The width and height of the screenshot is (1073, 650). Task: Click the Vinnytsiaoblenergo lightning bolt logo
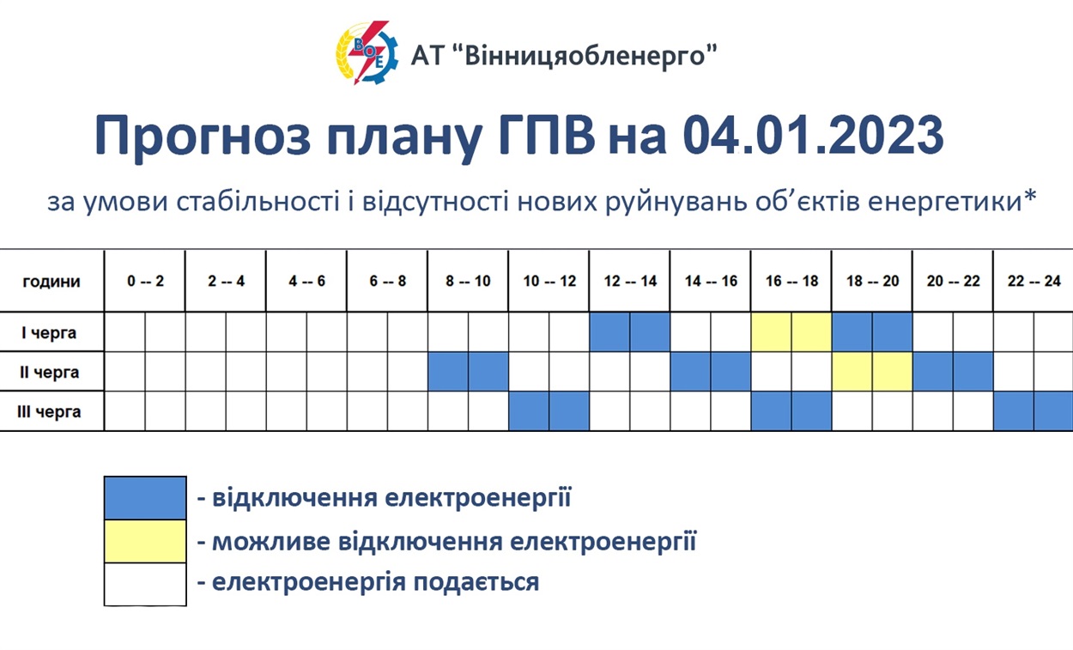point(367,52)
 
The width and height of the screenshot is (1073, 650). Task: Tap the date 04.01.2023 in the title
point(813,135)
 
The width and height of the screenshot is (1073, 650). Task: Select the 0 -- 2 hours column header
point(146,281)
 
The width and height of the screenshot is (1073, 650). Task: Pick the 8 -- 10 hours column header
point(468,281)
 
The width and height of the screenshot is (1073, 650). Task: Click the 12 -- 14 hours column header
point(630,281)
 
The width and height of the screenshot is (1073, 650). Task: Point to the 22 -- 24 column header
point(1034,281)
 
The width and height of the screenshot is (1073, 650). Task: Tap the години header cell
point(52,281)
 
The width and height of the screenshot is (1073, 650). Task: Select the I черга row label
point(49,332)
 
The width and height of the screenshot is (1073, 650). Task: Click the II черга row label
point(49,372)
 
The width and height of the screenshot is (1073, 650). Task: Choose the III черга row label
point(49,412)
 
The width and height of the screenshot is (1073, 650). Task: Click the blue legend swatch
point(145,498)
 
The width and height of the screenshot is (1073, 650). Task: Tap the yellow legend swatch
point(145,541)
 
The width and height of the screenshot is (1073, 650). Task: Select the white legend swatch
point(145,585)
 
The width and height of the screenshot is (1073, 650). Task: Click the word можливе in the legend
point(270,542)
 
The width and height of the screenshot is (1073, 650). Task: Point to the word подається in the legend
point(476,582)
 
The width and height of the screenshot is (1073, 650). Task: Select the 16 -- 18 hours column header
point(791,281)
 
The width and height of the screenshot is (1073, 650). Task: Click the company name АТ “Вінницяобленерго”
point(564,56)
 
